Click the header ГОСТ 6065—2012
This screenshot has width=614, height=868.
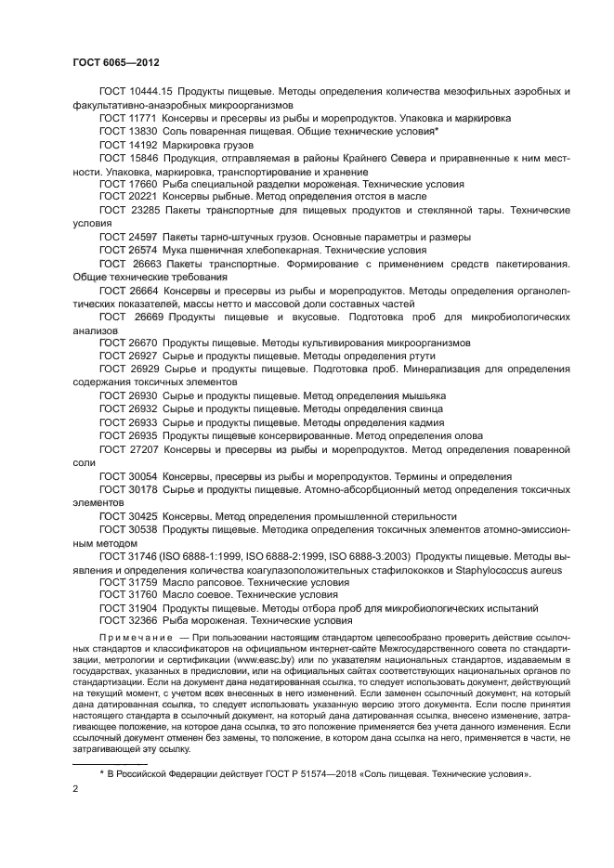tap(117, 62)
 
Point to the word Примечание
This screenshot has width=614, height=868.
tap(136, 640)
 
